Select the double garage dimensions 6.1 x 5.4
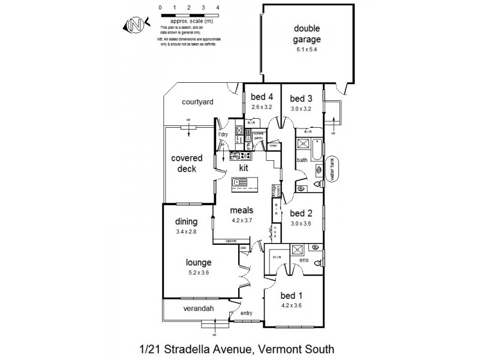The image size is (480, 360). (307, 50)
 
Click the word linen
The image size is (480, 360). (274, 145)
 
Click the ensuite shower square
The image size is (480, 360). (297, 250)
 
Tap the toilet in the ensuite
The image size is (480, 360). (315, 247)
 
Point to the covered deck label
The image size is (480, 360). (187, 163)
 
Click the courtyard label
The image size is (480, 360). (197, 102)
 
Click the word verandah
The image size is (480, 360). (191, 309)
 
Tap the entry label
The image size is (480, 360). (247, 313)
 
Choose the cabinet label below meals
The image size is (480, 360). (230, 241)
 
